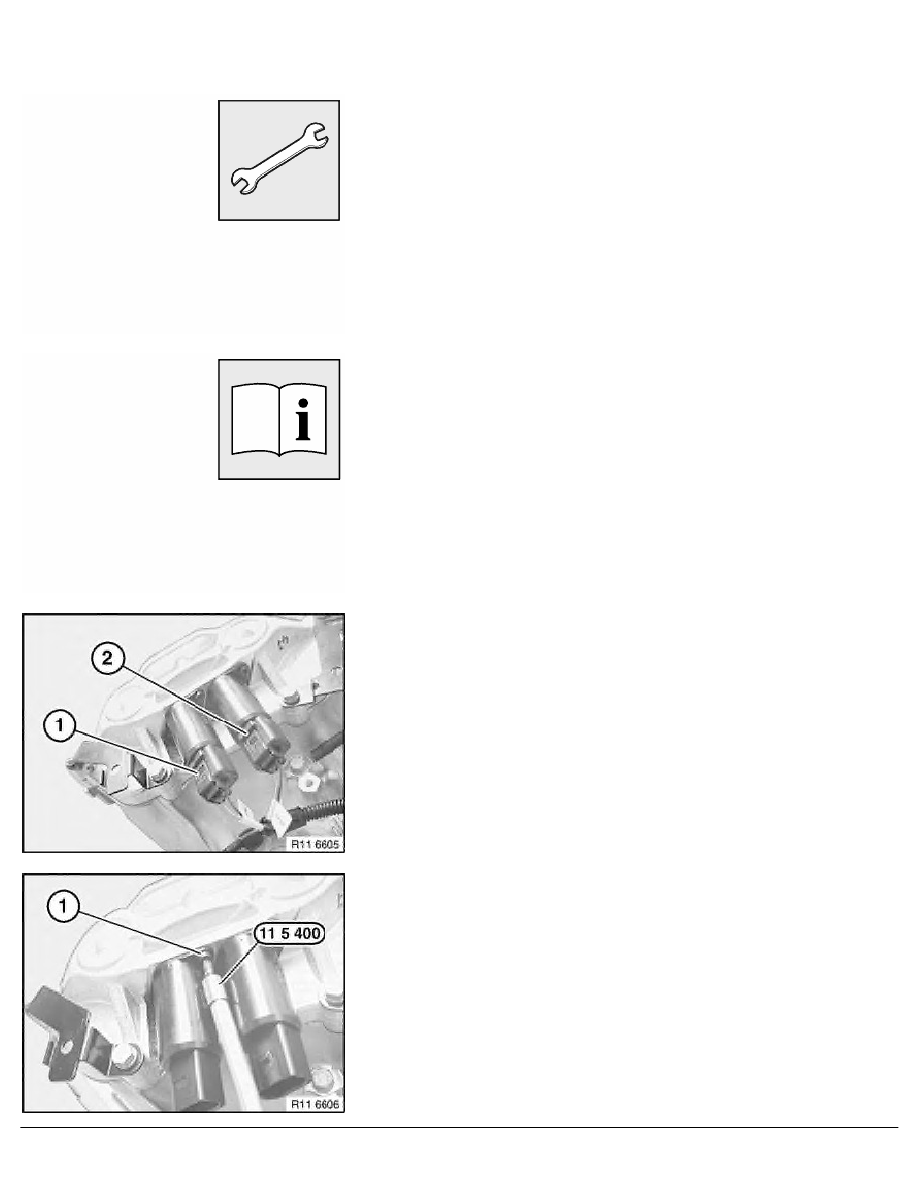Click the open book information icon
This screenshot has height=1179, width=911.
pyautogui.click(x=279, y=420)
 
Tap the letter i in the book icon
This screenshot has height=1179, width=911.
pyautogui.click(x=303, y=420)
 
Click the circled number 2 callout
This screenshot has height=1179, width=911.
pyautogui.click(x=107, y=659)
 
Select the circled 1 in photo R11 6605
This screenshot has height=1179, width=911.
pyautogui.click(x=60, y=726)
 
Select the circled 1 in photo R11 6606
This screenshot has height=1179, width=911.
pyautogui.click(x=63, y=907)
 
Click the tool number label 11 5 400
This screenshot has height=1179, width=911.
pyautogui.click(x=290, y=934)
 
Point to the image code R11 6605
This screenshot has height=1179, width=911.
pyautogui.click(x=316, y=844)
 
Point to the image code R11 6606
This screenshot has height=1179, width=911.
pyautogui.click(x=316, y=1104)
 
